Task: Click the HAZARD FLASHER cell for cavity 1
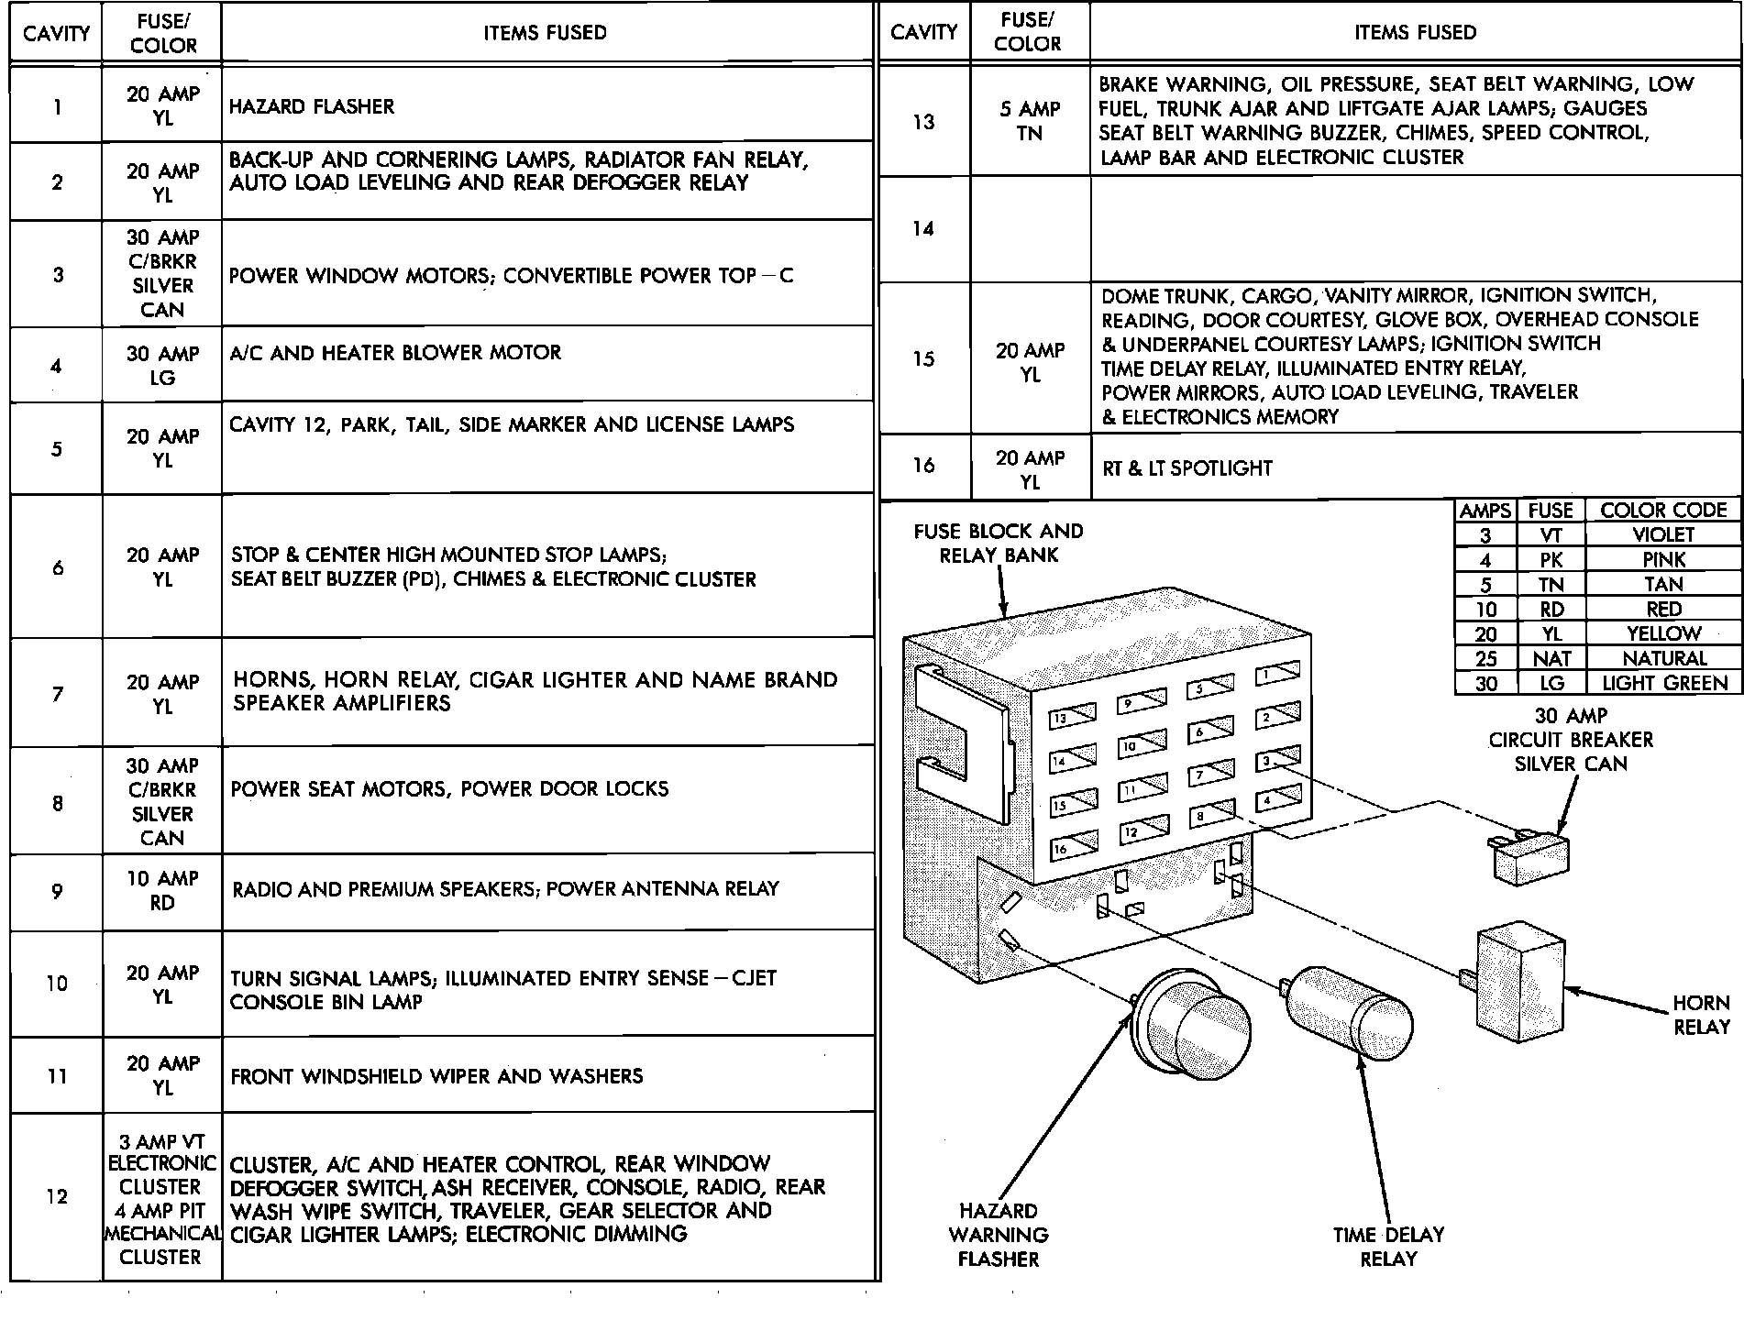(x=312, y=106)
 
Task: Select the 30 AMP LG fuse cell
(x=162, y=365)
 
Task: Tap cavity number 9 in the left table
(x=57, y=891)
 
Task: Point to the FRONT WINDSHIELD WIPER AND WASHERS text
(x=436, y=1076)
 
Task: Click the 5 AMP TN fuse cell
(x=1030, y=121)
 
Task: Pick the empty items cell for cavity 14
(x=1415, y=229)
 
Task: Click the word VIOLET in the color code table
(x=1663, y=534)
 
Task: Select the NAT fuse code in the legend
(x=1551, y=658)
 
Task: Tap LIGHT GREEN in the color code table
(x=1663, y=683)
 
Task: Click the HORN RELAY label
(x=1701, y=1016)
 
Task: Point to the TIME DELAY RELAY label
(x=1388, y=1247)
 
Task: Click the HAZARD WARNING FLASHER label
(x=999, y=1235)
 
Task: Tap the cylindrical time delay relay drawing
(x=1349, y=1012)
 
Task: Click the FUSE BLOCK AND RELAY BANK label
(x=999, y=544)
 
